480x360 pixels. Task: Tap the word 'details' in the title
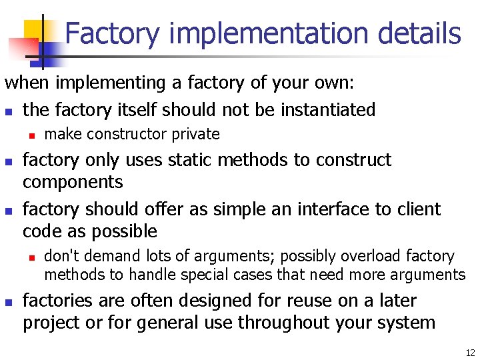(418, 33)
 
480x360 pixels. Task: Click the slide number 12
(470, 353)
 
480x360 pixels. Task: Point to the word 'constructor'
(129, 134)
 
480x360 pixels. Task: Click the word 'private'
(196, 134)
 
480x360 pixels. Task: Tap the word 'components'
(73, 182)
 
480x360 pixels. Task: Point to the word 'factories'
(53, 301)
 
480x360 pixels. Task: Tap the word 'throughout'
(295, 323)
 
